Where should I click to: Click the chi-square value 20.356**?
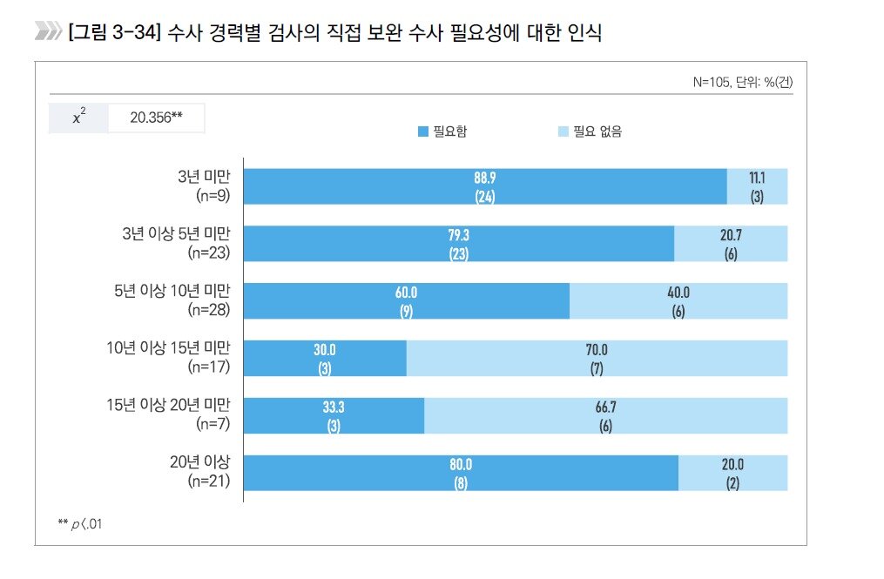pyautogui.click(x=156, y=118)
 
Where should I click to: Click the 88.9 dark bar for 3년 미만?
pyautogui.click(x=485, y=186)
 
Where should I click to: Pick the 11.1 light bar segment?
pyautogui.click(x=757, y=186)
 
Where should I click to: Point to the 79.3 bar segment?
pyautogui.click(x=459, y=244)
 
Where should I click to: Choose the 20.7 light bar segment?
pyautogui.click(x=731, y=244)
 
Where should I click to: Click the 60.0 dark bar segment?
pyautogui.click(x=407, y=301)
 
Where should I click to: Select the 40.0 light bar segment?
pyautogui.click(x=678, y=301)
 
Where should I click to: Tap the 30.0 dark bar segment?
pyautogui.click(x=325, y=358)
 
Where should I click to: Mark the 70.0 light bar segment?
pyautogui.click(x=597, y=358)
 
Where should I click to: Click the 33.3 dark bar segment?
pyautogui.click(x=334, y=415)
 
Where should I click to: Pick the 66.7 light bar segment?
pyautogui.click(x=605, y=415)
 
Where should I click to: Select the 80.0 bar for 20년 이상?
pyautogui.click(x=461, y=473)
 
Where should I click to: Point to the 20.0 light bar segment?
pyautogui.click(x=732, y=473)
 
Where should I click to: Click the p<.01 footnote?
pyautogui.click(x=79, y=522)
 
